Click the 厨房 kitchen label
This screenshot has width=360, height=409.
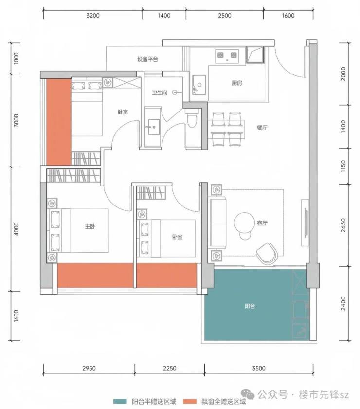coord(237,83)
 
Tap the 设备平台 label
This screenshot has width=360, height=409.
coord(147,59)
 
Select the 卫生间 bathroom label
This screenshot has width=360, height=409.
coord(160,93)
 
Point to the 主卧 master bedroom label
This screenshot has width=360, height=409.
coord(90,226)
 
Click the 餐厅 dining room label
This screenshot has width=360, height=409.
coord(262,128)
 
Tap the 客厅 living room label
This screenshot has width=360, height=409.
coord(262,223)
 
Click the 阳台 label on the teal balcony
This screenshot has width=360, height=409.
coord(250,306)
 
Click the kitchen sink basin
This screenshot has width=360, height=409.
coord(199,85)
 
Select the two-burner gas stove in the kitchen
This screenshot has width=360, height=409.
coord(227,56)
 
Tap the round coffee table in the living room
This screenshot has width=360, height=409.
coord(244,222)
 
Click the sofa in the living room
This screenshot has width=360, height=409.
coord(218,223)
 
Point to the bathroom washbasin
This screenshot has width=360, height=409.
coord(154,127)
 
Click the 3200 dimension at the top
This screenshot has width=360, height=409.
coord(93,16)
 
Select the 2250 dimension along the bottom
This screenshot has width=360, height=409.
coord(170,368)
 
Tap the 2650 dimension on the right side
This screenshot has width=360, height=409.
coord(343,225)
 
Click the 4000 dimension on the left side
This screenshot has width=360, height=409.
coord(16,229)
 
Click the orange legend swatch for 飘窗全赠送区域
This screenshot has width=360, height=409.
coord(190,401)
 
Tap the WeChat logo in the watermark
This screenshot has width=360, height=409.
coord(248,394)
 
